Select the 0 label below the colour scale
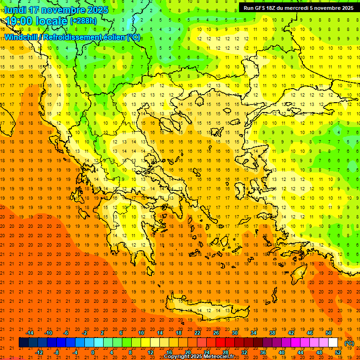point(93,352)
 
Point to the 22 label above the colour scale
point(197,333)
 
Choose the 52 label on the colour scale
point(338,352)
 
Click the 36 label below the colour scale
point(263,352)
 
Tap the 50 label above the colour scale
point(329,333)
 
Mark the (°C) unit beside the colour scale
point(349,343)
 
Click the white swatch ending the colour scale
point(333,343)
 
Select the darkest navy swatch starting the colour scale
point(23,343)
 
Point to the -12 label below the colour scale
point(39,352)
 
